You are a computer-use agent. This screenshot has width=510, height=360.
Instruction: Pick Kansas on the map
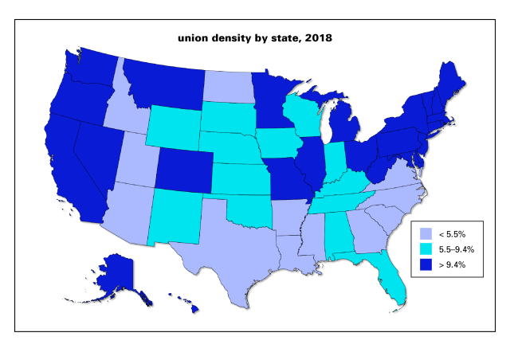[x=239, y=179]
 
